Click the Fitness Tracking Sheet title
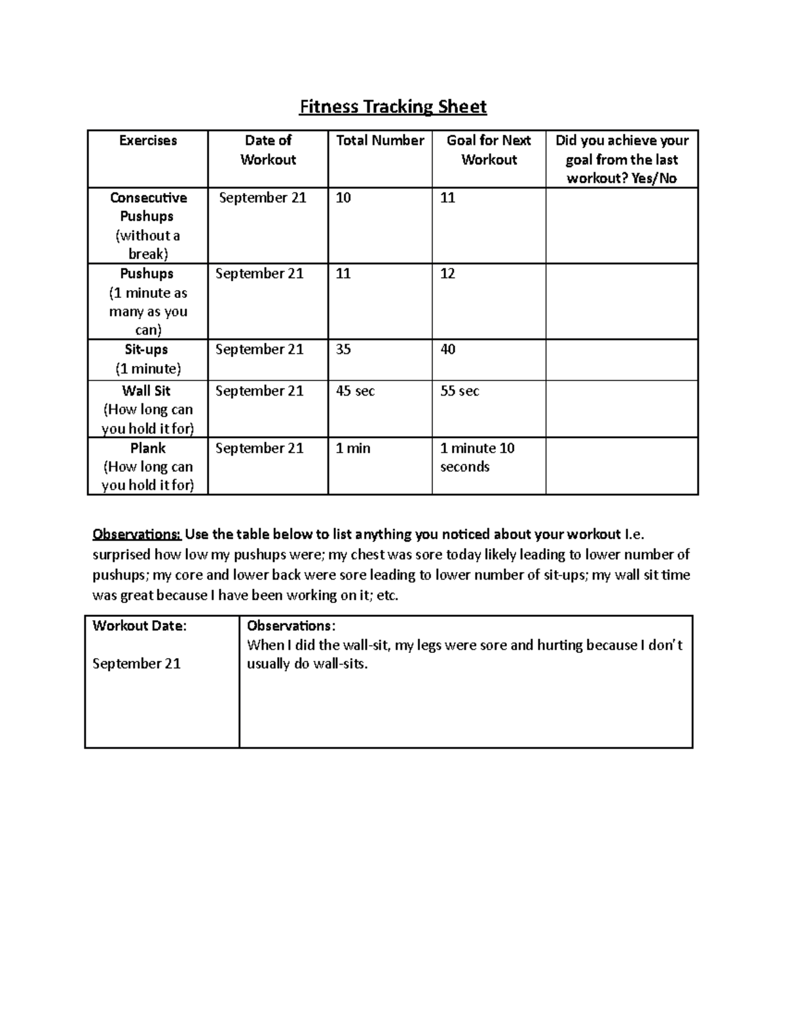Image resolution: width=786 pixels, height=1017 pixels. coord(392,107)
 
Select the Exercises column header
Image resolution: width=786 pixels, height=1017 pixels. coord(147,141)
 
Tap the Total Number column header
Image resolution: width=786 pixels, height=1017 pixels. coord(380,141)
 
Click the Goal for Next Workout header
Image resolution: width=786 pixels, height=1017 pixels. coord(489,150)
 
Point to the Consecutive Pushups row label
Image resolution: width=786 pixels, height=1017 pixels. coord(148,207)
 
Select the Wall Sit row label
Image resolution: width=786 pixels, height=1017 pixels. coord(146,391)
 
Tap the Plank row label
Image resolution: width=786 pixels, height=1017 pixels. coord(148,449)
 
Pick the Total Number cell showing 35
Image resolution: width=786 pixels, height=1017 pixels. coord(343,350)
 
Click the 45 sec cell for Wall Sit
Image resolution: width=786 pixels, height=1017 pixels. coord(355,391)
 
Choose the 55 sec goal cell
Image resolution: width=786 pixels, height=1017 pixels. coord(459,391)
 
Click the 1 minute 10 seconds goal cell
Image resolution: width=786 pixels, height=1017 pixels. coord(477,457)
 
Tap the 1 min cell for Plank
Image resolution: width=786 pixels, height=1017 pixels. coord(353,449)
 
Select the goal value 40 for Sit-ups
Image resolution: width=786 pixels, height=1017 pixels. coord(447,350)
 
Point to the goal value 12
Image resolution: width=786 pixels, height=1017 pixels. coord(447,274)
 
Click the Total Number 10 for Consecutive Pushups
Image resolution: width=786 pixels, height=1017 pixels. coord(343,198)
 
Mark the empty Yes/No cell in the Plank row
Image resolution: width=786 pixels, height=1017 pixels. coord(622,466)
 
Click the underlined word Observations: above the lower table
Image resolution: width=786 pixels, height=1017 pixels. coord(136,534)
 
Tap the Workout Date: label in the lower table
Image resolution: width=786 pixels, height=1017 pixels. coord(140,626)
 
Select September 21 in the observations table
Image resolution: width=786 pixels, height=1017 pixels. coord(136,664)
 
